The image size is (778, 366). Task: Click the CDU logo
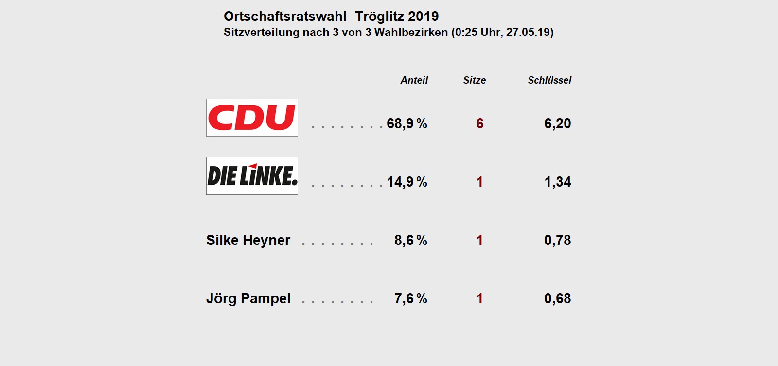(252, 118)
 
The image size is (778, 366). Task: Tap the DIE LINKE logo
(252, 176)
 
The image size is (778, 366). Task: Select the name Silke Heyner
(248, 240)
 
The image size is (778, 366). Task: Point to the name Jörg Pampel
(248, 298)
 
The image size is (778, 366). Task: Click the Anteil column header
(414, 80)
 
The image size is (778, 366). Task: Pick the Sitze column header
(474, 80)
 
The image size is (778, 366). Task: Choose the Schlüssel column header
(549, 80)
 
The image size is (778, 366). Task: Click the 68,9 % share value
(407, 123)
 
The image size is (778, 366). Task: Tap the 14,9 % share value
(407, 182)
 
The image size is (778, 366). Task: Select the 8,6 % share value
(410, 240)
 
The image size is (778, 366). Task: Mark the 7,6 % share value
(410, 298)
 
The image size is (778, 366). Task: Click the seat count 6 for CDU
(479, 123)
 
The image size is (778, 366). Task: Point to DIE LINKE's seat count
(479, 182)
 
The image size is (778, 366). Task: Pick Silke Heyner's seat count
(479, 240)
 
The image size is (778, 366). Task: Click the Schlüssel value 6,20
(557, 123)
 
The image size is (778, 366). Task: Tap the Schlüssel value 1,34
(557, 182)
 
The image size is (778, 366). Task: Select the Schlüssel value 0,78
(557, 240)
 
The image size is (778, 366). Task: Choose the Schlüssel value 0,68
(557, 298)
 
